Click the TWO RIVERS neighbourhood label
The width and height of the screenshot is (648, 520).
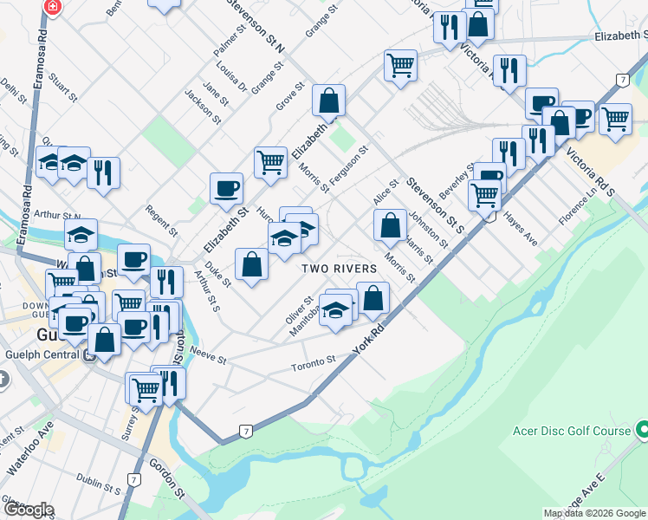(340, 269)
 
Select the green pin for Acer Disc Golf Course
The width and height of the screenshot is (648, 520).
(642, 429)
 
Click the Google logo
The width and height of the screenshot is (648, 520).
(28, 510)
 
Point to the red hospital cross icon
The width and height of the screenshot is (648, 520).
(53, 7)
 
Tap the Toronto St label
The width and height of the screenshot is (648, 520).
(314, 361)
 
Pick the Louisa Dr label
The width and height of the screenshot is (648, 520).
(231, 77)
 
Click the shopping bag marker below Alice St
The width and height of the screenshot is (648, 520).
(391, 226)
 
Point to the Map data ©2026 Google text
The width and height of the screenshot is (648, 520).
(594, 513)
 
